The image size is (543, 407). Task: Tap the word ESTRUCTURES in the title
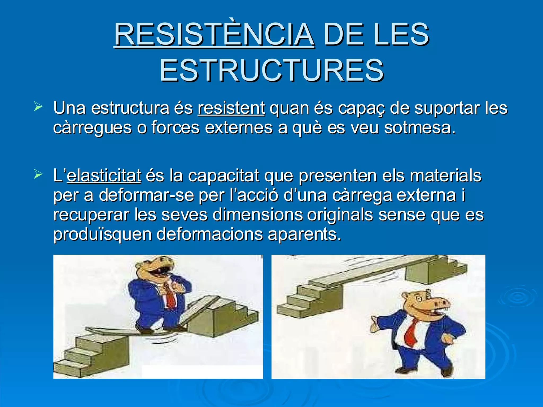271,70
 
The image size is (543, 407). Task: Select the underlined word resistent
231,108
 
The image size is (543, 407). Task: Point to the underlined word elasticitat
104,175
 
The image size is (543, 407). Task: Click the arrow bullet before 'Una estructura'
38,107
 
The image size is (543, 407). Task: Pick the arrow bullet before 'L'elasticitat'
38,174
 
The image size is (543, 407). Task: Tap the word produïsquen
102,234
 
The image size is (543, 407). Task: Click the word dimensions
257,215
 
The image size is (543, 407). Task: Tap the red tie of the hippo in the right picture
410,333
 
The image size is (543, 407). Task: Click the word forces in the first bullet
175,128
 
